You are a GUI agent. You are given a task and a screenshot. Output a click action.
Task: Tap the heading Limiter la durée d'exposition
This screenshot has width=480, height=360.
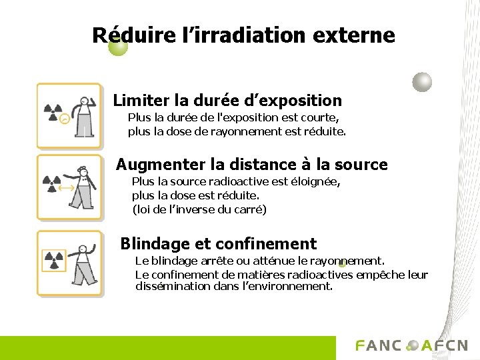tap(227, 101)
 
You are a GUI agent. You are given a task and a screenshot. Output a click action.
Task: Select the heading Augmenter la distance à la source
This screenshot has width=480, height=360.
tap(252, 164)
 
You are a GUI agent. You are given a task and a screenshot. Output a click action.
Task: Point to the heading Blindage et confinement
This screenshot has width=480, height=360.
tap(219, 244)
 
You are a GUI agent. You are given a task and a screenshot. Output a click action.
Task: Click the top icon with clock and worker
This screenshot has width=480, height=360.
tap(69, 115)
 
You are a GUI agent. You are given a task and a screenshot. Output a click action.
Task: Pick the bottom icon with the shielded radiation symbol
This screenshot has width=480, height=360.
tap(69, 262)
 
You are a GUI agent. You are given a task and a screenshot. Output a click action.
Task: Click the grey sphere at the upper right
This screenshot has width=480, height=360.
tap(422, 82)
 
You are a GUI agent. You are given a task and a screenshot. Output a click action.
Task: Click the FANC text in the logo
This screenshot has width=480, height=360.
tap(379, 345)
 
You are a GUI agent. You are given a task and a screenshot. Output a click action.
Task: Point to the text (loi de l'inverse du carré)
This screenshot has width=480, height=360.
tap(199, 210)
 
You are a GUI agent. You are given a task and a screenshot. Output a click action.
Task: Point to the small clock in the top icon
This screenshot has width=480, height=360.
tap(64, 119)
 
